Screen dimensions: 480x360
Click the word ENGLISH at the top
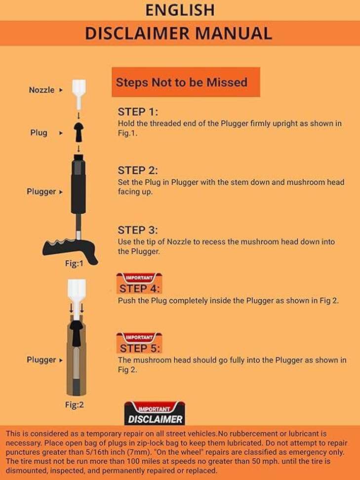click(x=180, y=10)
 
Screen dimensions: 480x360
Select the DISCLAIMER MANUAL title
click(x=179, y=33)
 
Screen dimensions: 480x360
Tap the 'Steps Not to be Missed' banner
click(x=182, y=82)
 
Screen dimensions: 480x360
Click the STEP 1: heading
click(x=137, y=112)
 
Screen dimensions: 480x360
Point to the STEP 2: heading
click(x=137, y=170)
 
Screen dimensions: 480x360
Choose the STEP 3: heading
click(x=137, y=230)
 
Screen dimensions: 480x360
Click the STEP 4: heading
click(x=140, y=289)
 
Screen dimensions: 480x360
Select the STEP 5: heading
click(x=140, y=349)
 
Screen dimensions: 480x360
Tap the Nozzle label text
click(x=41, y=90)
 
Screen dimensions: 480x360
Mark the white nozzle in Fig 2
click(x=77, y=291)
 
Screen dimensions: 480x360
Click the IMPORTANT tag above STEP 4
click(x=140, y=278)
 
